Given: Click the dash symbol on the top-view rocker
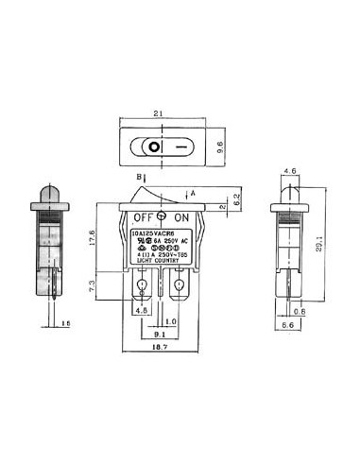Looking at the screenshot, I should click(x=178, y=148).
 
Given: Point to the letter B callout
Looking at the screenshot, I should click(x=138, y=177).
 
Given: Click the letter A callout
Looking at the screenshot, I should click(x=193, y=193).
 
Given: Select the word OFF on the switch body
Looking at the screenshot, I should click(x=143, y=215).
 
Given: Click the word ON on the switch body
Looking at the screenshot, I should click(x=182, y=215).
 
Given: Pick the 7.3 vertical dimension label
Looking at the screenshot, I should click(x=93, y=284).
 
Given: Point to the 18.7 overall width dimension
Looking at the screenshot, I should click(x=161, y=349).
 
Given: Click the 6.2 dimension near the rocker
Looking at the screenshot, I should click(x=236, y=199).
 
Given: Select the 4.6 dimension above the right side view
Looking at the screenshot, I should click(x=291, y=171).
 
